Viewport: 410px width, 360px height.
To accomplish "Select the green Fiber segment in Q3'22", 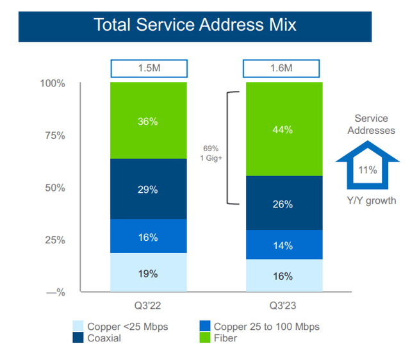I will (x=148, y=120).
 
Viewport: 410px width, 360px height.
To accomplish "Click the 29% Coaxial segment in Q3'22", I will (x=148, y=189).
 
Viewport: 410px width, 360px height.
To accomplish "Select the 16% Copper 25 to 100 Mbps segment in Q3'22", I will (x=148, y=236).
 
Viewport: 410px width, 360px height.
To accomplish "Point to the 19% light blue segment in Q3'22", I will (x=148, y=273).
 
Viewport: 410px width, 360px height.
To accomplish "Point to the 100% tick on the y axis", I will (x=53, y=83).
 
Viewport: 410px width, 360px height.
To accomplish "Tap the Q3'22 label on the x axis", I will (x=148, y=306).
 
